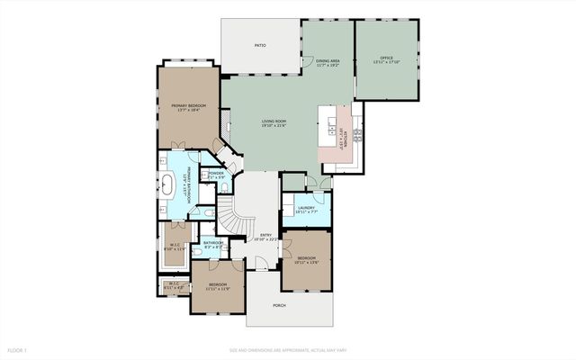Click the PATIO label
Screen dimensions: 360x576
point(259,44)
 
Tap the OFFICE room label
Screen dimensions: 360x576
point(386,58)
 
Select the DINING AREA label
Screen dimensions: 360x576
point(327,61)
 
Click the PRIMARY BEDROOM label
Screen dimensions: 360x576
point(189,105)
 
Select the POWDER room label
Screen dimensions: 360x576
point(217,173)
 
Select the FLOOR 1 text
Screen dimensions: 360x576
point(18,349)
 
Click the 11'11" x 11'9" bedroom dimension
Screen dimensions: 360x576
point(220,289)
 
